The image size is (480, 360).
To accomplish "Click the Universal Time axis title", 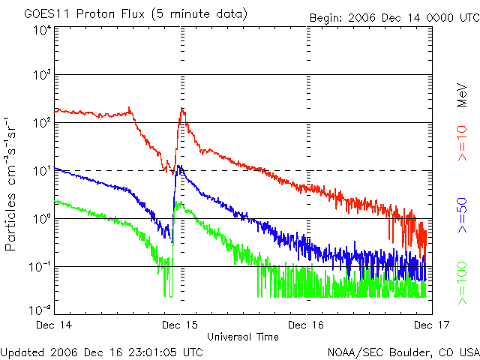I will point(242,337).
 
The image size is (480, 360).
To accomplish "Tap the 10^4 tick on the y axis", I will point(42,30).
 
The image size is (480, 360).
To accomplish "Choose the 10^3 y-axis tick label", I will point(42,76).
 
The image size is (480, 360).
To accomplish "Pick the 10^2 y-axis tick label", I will point(42,123).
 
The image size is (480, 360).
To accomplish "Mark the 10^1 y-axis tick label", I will point(42,171).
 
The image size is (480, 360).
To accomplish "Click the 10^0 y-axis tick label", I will point(42,219).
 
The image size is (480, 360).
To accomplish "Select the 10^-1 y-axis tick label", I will point(40,267).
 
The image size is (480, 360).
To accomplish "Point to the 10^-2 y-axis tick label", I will point(40,309).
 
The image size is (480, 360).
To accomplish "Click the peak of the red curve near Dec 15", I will point(182,109).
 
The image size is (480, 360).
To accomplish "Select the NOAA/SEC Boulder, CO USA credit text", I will point(402,352).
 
